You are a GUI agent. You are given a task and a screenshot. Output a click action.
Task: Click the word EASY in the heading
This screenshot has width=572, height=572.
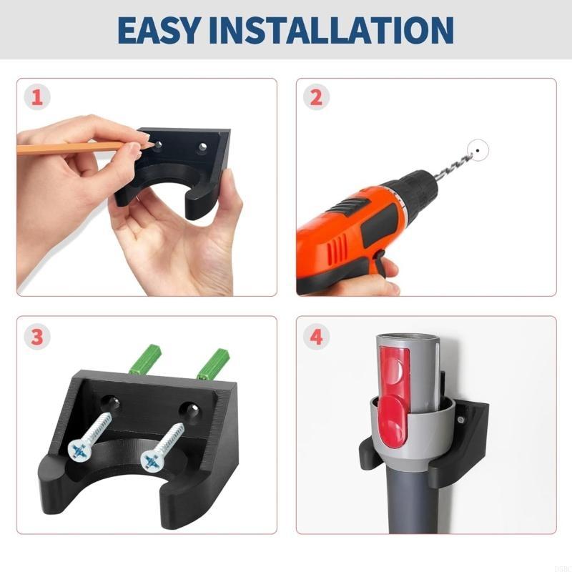click(159, 30)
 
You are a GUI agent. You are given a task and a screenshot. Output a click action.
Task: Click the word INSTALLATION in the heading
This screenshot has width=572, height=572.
click(332, 30)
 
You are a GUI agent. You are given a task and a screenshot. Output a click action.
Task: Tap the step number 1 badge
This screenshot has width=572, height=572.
click(37, 97)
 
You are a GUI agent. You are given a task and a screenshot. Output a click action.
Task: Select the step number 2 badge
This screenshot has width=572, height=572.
click(316, 97)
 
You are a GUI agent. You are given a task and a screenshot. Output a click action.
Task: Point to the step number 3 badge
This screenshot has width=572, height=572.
click(37, 336)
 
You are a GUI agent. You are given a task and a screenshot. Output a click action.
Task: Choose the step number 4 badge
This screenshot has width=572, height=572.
click(316, 336)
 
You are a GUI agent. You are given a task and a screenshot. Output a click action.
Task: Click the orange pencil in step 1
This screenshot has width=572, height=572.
click(71, 148)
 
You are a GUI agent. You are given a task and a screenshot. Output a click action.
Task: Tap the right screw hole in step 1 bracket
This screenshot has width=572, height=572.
click(202, 147)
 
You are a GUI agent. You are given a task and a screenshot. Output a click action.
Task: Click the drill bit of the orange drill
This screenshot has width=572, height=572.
click(453, 166)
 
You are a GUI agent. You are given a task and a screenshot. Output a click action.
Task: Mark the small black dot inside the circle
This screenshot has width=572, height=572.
click(478, 150)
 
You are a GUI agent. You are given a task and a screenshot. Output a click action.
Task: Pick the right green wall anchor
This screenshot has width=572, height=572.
click(213, 363)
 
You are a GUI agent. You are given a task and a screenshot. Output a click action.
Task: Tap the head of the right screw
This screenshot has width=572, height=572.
click(152, 460)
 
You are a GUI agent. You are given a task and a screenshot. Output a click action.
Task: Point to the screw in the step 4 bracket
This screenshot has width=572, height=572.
click(460, 420)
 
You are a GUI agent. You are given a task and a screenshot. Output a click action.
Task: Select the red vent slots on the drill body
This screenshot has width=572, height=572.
click(337, 249)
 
